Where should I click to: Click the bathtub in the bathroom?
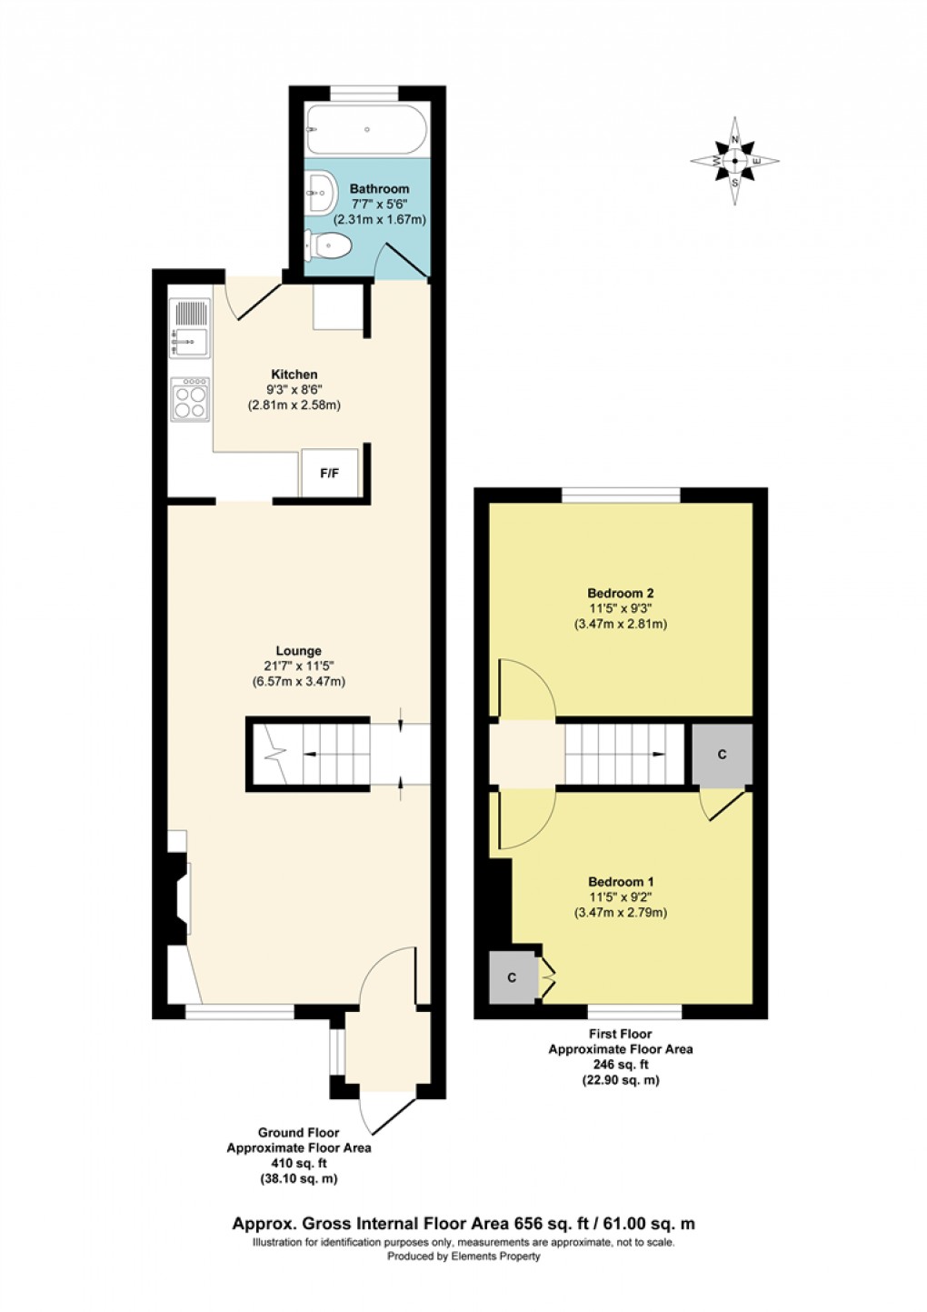tap(366, 130)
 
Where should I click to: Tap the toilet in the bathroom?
tap(329, 245)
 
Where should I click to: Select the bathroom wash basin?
tap(321, 192)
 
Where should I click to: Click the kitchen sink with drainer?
tap(189, 328)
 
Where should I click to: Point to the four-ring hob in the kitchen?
tap(190, 399)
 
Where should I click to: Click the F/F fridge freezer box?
tap(329, 474)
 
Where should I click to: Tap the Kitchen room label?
tap(294, 375)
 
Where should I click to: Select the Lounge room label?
tap(298, 651)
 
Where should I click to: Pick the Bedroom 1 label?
tap(621, 882)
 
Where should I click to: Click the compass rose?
tap(734, 161)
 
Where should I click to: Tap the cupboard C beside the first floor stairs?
tap(722, 755)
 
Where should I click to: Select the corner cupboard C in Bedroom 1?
tap(513, 977)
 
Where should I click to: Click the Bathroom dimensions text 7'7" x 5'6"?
tap(379, 205)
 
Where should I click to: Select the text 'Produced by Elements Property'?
tap(463, 1257)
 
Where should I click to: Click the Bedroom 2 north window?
tap(621, 496)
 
